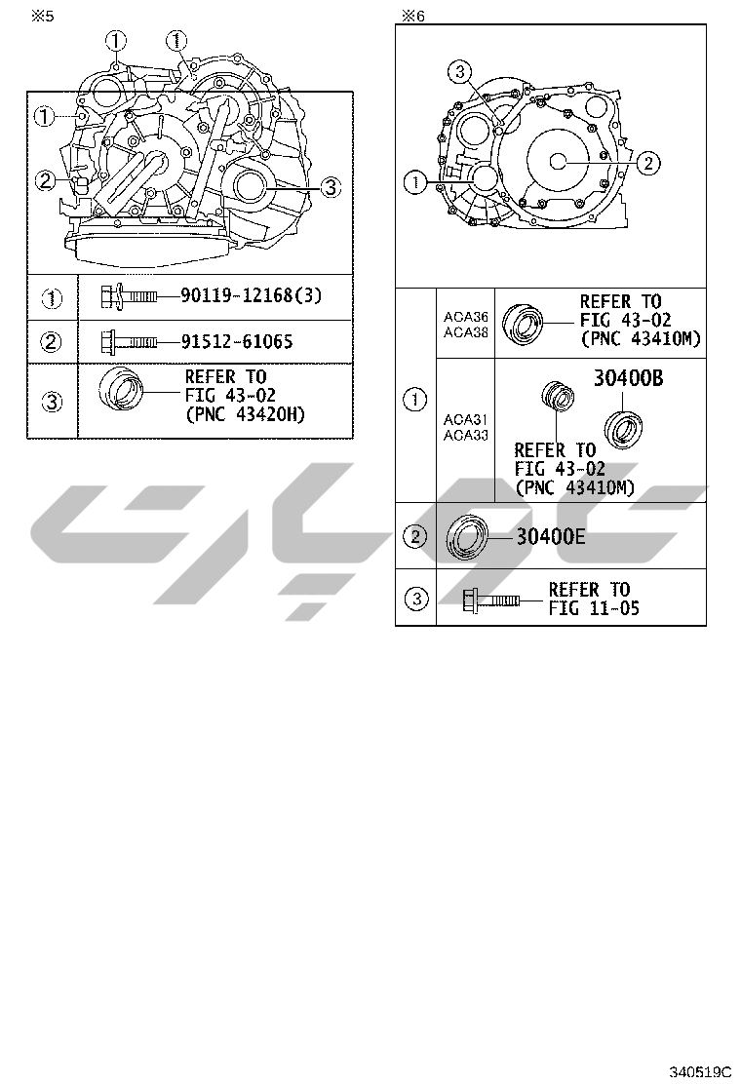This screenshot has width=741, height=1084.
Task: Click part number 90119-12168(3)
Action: click(x=252, y=296)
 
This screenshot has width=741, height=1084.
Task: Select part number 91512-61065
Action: click(x=237, y=341)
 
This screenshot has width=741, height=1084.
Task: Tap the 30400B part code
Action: click(x=628, y=378)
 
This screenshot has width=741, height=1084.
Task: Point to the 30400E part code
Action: click(x=551, y=536)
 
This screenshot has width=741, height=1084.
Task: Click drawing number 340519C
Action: click(x=699, y=1072)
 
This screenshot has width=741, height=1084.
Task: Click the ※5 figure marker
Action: click(x=42, y=16)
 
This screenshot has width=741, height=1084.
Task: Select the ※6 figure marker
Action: click(x=413, y=16)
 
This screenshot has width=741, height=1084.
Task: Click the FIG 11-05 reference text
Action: click(x=595, y=608)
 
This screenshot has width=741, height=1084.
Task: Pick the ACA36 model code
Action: click(x=466, y=318)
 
